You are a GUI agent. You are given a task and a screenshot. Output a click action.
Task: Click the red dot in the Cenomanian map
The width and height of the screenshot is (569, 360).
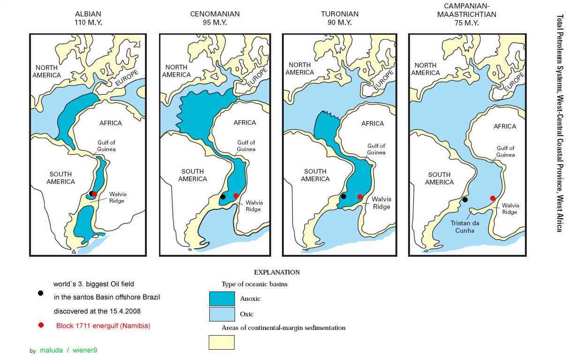236,196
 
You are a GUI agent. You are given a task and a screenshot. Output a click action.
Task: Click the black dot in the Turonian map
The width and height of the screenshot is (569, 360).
343,196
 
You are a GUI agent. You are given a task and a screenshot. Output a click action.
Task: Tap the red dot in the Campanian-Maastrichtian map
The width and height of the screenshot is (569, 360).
493,198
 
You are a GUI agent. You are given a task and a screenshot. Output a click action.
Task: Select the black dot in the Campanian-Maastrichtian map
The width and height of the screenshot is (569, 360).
465,199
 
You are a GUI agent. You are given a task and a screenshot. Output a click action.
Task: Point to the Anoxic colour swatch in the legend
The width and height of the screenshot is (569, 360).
221,299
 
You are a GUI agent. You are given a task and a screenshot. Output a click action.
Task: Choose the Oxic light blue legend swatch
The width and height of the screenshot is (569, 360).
221,314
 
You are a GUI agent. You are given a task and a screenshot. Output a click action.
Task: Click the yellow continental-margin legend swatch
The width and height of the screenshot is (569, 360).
221,342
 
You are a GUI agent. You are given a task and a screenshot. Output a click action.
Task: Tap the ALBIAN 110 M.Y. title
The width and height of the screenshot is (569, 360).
88,18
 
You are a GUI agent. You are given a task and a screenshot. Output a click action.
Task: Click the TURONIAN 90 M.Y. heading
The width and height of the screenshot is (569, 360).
340,18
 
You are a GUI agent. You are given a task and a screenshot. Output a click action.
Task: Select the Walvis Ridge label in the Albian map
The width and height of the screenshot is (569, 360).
118,197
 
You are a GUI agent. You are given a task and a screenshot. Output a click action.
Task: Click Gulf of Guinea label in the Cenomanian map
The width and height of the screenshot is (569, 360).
246,146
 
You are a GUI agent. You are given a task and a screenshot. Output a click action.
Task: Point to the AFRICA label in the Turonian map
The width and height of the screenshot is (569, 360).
372,123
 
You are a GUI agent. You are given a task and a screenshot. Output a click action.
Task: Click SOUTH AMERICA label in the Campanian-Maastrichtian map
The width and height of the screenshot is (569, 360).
439,178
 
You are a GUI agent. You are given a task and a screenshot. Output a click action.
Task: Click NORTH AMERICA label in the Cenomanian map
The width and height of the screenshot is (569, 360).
176,71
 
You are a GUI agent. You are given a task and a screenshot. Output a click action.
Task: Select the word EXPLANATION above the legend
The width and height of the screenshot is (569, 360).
277,272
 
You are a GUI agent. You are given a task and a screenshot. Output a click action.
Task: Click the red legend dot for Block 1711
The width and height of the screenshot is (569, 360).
41,325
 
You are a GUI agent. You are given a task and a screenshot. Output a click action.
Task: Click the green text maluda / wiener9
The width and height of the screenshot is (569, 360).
68,350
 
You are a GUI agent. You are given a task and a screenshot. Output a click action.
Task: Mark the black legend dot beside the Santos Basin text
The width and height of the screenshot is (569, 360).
41,293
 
